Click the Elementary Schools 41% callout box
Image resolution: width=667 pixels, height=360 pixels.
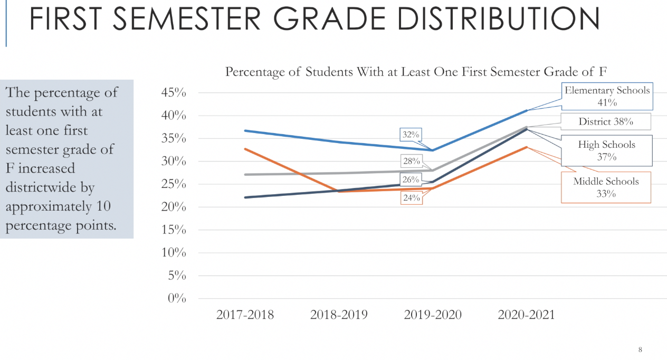pos(607,96)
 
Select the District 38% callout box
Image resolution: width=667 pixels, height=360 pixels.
pos(605,121)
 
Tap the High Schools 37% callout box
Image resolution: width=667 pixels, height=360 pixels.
pos(606,150)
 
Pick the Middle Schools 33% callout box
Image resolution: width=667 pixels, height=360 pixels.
pos(606,187)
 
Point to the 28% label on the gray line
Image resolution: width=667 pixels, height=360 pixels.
pos(411,161)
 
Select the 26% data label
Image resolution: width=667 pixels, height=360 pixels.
pos(411,179)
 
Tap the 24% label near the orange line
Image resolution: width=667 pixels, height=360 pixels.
pos(411,198)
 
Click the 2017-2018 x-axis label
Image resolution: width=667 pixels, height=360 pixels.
pos(245,315)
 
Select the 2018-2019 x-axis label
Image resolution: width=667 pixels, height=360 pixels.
pos(339,315)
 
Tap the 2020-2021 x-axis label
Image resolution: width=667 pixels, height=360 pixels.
pos(526,315)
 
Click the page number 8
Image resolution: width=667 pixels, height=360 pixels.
pos(640,349)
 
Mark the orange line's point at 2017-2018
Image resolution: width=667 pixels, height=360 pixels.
pos(245,149)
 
